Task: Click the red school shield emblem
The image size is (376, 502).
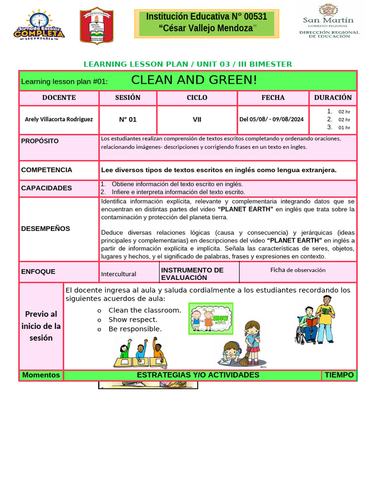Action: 96,26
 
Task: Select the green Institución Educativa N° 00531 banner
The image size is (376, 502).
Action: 206,23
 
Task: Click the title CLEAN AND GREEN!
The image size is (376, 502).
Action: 194,80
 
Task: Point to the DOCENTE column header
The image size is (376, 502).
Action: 59,98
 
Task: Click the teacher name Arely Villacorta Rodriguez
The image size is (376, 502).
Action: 59,119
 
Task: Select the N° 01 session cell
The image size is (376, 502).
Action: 128,119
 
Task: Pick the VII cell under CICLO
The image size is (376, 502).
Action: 197,119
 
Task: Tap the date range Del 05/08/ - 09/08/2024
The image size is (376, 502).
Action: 271,119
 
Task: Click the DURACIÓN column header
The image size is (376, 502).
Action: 333,98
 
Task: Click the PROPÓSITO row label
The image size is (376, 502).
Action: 40,141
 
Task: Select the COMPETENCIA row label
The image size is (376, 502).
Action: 47,170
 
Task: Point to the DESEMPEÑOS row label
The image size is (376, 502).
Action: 46,228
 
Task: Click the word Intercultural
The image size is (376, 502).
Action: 118,274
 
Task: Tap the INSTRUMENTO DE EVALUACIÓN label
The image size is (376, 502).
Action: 192,274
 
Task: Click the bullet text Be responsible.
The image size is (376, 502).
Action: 135,329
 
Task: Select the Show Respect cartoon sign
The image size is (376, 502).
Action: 211,318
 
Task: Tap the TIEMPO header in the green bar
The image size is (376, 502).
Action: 339,375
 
